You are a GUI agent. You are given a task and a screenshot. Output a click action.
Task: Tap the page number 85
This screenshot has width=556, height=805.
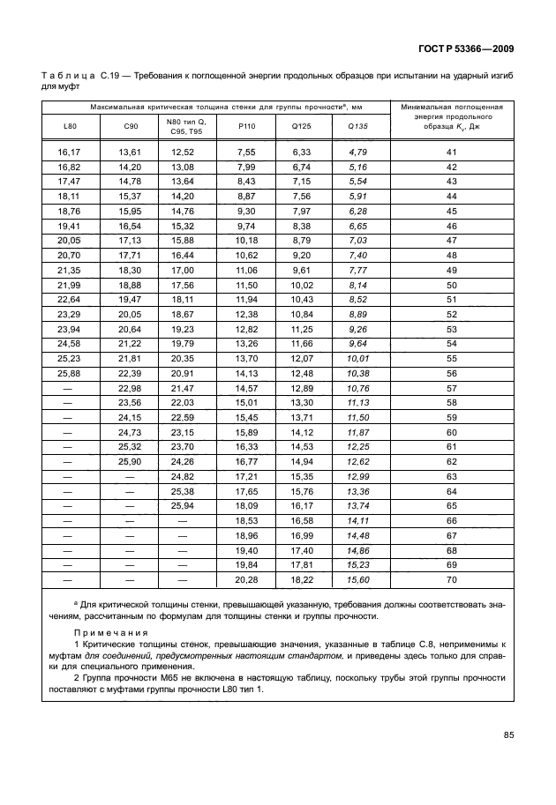click(508, 734)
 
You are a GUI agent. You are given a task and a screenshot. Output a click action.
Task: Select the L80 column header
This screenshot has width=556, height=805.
click(71, 126)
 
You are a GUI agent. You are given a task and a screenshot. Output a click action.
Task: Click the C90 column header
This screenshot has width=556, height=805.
click(130, 126)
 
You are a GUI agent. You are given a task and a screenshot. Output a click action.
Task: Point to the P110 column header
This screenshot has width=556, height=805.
click(246, 126)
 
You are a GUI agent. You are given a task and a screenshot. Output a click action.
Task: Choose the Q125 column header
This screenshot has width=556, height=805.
click(301, 126)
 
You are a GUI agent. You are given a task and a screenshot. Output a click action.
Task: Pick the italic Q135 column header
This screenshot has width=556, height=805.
click(357, 126)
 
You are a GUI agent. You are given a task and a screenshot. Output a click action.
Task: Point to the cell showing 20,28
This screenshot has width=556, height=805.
click(246, 579)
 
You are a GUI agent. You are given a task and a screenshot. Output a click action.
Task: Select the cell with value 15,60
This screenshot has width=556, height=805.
click(357, 579)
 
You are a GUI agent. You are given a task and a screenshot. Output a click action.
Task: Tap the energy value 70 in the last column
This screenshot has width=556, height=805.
click(452, 579)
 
